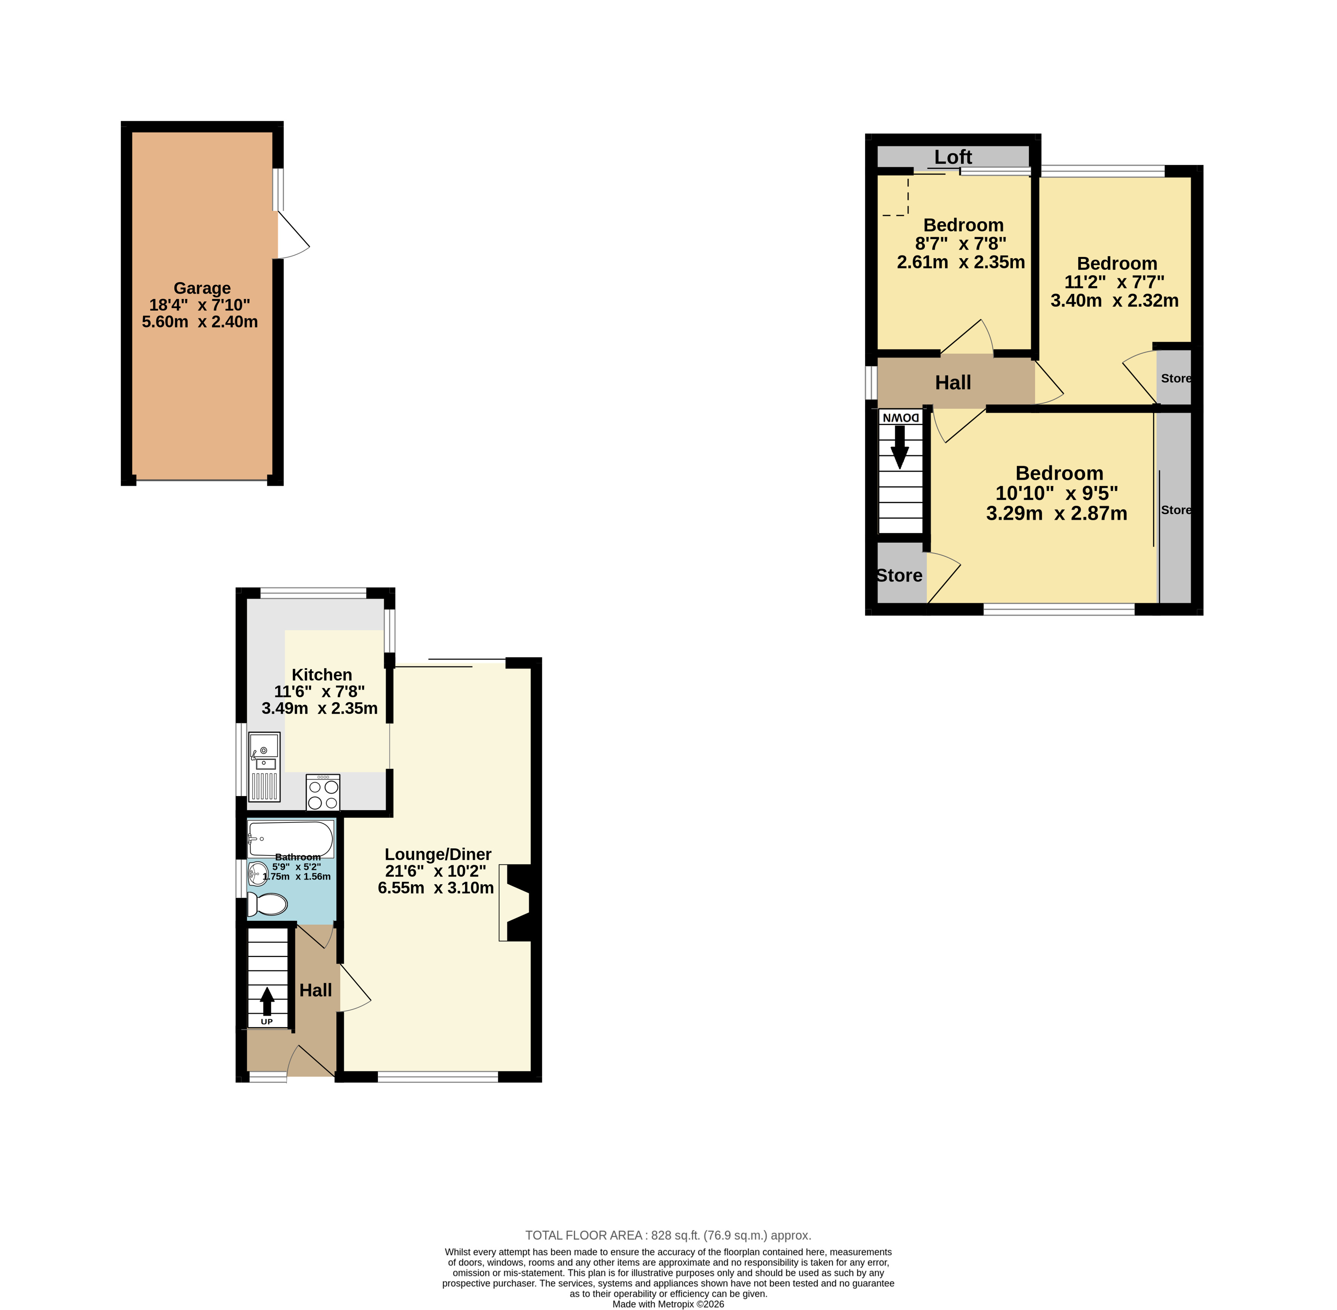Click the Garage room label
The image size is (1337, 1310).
(x=202, y=288)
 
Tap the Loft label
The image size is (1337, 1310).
(x=953, y=157)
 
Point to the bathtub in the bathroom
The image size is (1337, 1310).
(x=291, y=839)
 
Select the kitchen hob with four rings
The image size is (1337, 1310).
(x=323, y=793)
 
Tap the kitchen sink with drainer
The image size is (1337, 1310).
(x=264, y=766)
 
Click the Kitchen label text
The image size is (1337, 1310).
(x=321, y=675)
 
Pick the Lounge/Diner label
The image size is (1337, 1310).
(x=438, y=854)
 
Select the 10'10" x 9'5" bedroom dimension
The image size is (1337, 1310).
(x=1057, y=493)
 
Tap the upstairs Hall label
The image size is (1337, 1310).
(x=953, y=382)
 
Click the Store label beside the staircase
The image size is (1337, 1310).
(x=899, y=575)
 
